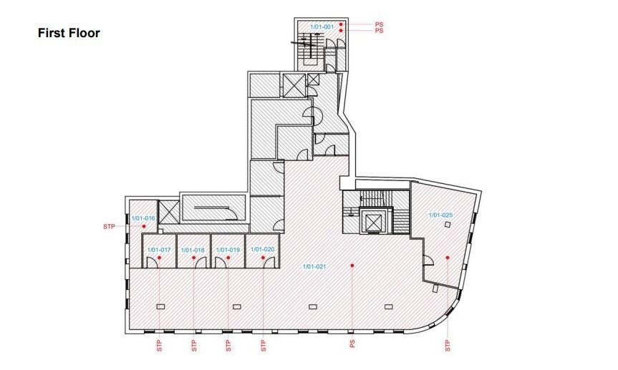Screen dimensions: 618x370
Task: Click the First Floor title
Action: tap(69, 33)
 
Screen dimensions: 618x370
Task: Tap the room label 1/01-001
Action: tap(322, 26)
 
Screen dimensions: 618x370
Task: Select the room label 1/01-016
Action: tap(143, 218)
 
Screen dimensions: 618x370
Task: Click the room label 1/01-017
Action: tap(159, 250)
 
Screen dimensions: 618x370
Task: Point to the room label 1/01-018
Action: tap(193, 250)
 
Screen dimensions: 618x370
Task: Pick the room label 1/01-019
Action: tap(228, 250)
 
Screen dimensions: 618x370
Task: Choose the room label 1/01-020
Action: tap(263, 250)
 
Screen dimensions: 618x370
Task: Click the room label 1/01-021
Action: tap(314, 267)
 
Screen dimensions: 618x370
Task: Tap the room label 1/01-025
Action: tap(440, 215)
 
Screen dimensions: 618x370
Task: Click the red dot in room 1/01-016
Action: tap(144, 226)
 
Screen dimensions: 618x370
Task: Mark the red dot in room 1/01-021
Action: tap(352, 266)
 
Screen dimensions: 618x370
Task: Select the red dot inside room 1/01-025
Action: tap(448, 258)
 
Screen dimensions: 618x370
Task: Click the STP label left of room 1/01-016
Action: tap(109, 227)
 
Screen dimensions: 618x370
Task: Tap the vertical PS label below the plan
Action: tap(352, 344)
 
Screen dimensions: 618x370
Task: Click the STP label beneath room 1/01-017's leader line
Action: tap(159, 346)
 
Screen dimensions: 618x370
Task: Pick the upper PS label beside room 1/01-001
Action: tap(379, 24)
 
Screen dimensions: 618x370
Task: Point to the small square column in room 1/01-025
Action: tap(448, 225)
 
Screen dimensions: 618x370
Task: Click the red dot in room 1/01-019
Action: tap(228, 258)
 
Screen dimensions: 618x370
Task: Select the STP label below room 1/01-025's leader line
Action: tap(448, 346)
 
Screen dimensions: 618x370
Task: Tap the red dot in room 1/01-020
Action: tap(264, 258)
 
